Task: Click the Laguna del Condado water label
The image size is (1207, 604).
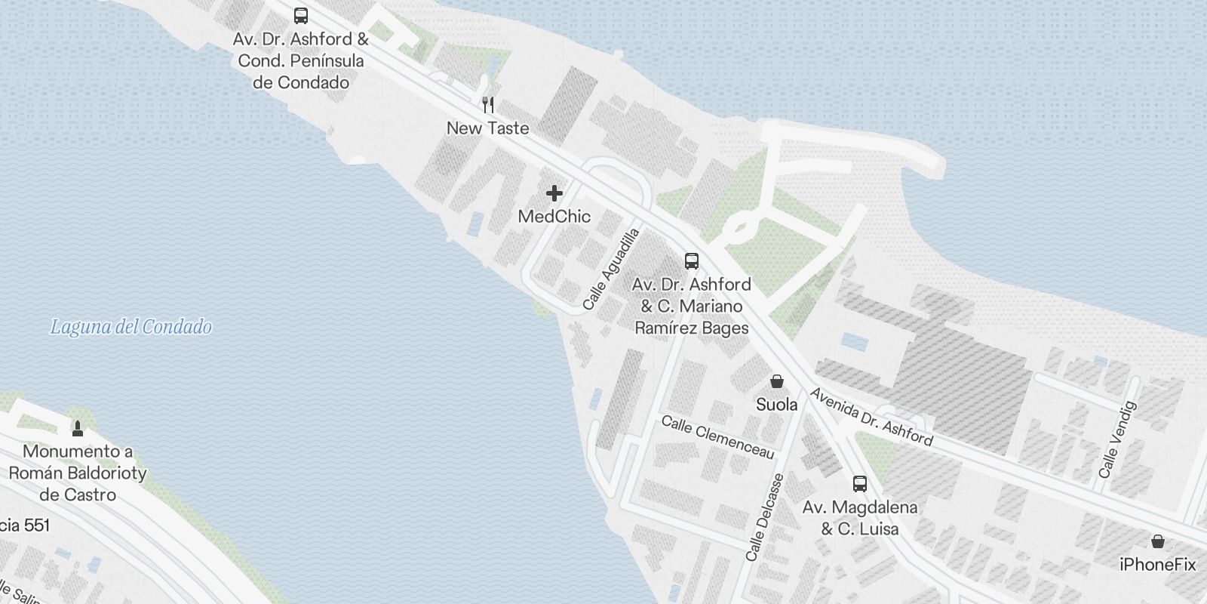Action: point(131,327)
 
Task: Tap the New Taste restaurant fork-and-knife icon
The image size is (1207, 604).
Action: point(488,105)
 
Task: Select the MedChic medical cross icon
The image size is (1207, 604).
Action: point(554,193)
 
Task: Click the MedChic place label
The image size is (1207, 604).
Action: point(554,216)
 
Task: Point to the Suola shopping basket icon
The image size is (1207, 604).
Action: point(777,381)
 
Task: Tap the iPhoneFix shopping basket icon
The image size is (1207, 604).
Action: point(1158,541)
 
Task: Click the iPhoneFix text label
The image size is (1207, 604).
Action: point(1158,564)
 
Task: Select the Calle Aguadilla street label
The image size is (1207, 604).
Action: point(611,269)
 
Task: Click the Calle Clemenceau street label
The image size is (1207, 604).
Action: point(718,436)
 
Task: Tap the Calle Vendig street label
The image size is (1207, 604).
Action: point(1117,439)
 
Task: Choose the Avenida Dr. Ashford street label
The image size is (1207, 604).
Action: point(871,417)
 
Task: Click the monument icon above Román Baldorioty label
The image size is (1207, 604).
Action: point(77,429)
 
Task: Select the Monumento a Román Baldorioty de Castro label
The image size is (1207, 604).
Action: point(78,473)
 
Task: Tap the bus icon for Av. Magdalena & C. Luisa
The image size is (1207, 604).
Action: point(860,484)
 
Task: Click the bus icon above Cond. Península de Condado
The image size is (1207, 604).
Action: point(301,16)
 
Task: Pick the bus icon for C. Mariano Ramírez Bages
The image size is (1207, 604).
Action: point(692,261)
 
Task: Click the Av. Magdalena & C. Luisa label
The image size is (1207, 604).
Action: point(860,518)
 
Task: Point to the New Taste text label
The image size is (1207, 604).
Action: point(488,128)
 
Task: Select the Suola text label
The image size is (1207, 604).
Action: point(777,405)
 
